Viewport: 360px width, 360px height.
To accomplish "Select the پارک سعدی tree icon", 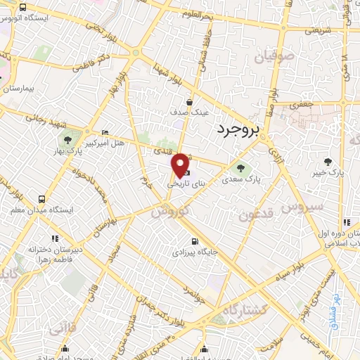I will click(242, 168).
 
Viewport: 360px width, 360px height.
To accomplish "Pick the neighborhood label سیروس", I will click(302, 207).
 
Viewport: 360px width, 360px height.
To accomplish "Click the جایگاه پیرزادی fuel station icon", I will click(185, 241).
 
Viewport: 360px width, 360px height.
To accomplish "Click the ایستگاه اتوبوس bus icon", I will click(23, 8).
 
